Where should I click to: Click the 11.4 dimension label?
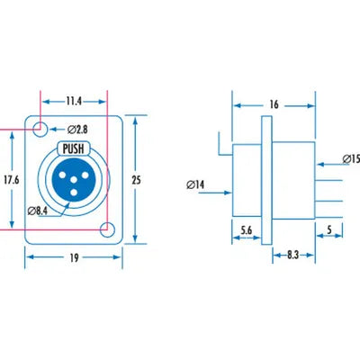click(74, 101)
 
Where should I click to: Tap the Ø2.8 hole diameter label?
click(77, 130)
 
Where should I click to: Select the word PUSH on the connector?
click(73, 148)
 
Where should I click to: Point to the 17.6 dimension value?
click(12, 180)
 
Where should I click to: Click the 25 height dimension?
click(136, 180)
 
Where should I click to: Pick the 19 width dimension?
click(74, 257)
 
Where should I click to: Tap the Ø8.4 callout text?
click(38, 211)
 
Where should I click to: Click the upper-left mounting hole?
click(40, 130)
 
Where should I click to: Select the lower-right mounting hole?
click(107, 230)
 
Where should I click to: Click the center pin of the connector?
click(74, 180)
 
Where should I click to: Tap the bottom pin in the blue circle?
click(74, 193)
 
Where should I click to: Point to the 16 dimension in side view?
click(274, 104)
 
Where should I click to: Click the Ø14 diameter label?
click(195, 184)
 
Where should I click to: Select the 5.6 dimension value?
click(247, 230)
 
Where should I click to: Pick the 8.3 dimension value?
click(293, 255)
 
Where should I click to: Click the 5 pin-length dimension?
click(329, 230)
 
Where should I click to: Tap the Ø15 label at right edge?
click(352, 158)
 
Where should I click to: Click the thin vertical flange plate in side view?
click(266, 180)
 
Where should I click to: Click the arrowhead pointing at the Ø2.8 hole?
click(53, 130)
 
